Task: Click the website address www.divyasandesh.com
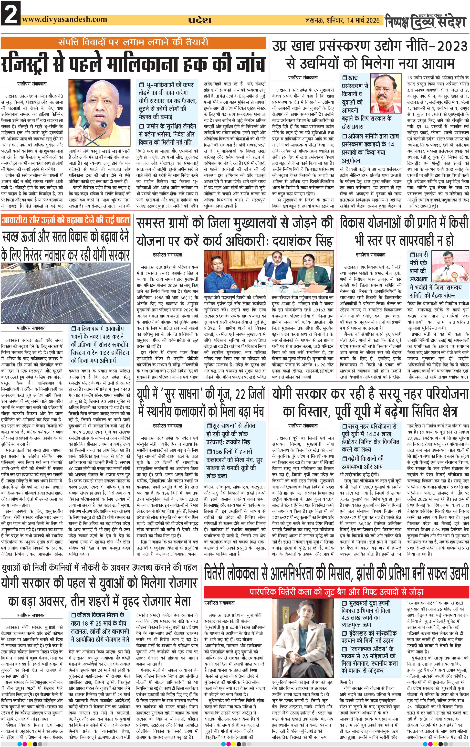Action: pos(65,20)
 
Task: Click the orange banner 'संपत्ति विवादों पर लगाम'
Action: pos(133,42)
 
